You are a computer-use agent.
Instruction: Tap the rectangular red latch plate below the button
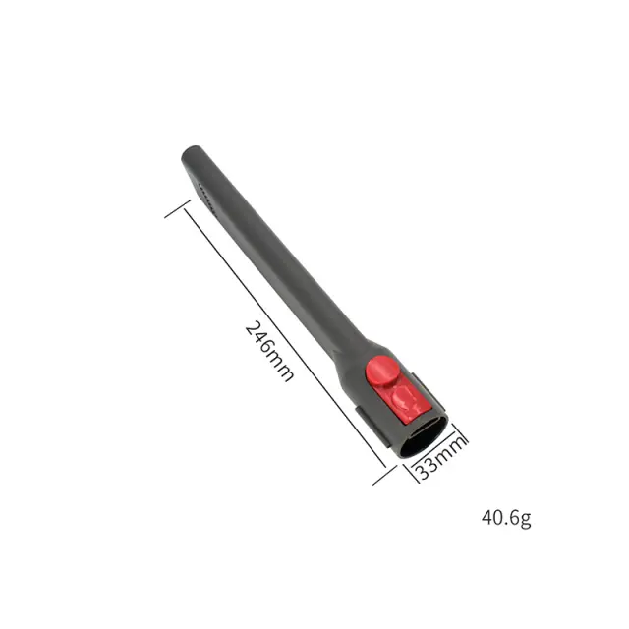pos(404,402)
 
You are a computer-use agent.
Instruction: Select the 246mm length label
pos(269,351)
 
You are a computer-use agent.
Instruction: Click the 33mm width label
pos(440,455)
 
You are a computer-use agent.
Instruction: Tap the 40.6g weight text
pos(506,518)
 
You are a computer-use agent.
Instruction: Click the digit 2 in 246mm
pos(253,330)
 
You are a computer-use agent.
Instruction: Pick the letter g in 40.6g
pos(526,520)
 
